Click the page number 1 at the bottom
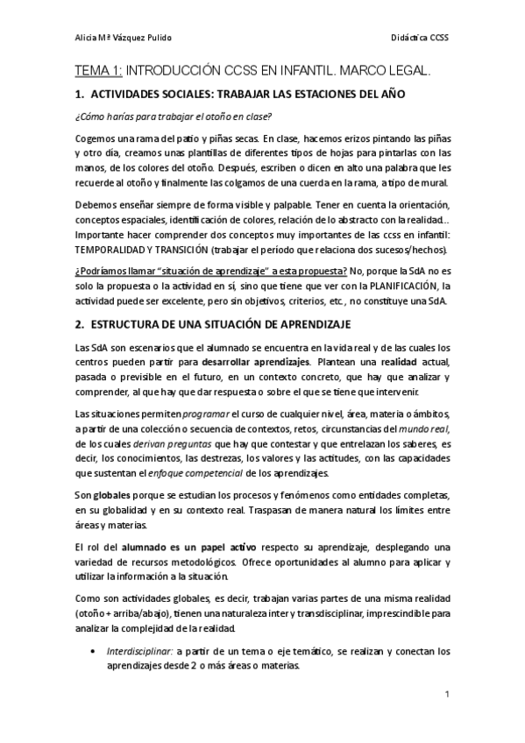tap(448, 694)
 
